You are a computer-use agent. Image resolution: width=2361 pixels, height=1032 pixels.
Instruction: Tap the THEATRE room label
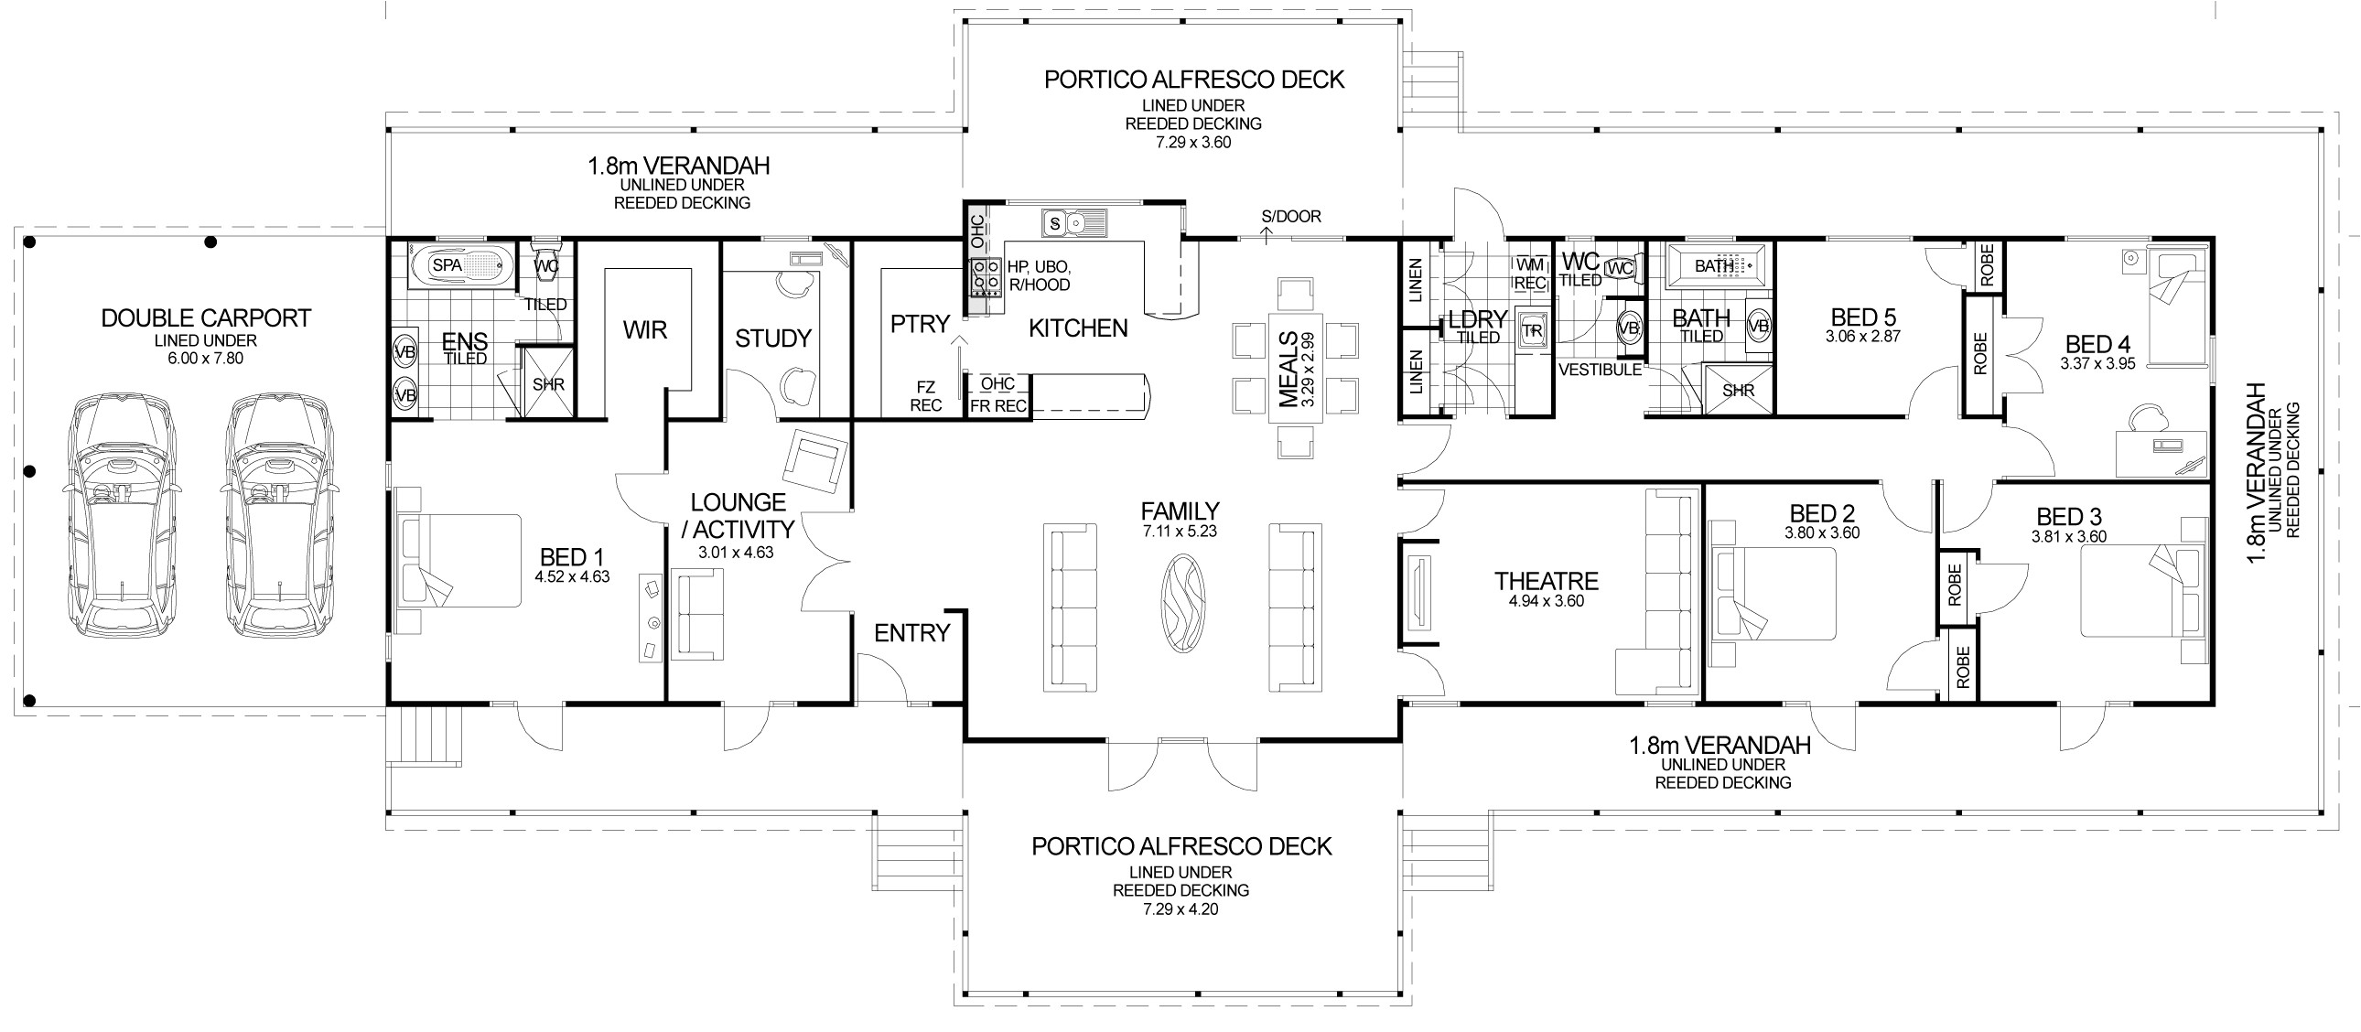point(1547,581)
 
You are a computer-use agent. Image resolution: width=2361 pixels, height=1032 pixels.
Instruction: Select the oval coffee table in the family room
point(1183,605)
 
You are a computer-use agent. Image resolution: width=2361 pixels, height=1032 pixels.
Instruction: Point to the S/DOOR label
point(1290,217)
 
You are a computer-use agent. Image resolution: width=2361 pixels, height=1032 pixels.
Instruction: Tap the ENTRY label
point(912,632)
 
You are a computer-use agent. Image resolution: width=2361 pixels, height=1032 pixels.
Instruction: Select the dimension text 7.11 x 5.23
point(1180,532)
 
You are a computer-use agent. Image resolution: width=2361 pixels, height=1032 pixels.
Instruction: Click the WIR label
point(645,330)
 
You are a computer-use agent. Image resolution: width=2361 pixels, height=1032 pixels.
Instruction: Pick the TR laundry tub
point(1533,330)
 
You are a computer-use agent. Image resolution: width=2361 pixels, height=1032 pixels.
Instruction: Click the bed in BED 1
point(458,561)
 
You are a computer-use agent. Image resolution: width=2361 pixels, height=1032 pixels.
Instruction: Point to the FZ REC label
point(926,396)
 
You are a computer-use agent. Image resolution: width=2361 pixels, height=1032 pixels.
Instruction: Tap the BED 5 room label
point(1863,317)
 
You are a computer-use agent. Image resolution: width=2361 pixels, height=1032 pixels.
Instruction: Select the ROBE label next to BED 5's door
point(1986,266)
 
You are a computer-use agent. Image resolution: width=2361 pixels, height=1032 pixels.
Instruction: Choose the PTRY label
point(920,324)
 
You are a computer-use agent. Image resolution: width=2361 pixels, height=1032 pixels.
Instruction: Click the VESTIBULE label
point(1600,370)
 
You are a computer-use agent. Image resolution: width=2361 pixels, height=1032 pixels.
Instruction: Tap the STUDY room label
point(772,339)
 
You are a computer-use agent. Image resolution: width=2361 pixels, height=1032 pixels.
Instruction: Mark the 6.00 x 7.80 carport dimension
point(205,359)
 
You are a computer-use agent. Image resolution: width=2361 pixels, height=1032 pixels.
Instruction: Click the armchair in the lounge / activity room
point(814,461)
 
